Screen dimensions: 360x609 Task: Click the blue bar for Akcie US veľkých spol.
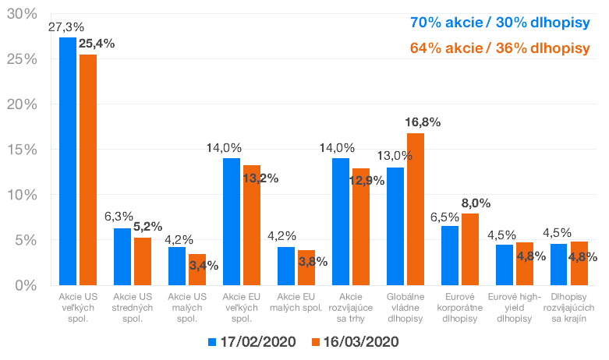tap(68, 161)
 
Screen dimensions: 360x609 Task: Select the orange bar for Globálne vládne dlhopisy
tap(416, 209)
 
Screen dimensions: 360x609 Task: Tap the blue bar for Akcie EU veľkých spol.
tap(232, 221)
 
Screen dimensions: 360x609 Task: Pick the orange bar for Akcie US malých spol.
tap(197, 270)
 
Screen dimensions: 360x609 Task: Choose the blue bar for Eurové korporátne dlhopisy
tap(450, 255)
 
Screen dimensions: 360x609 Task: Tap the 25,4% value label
tap(97, 43)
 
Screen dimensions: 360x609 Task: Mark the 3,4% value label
tap(204, 265)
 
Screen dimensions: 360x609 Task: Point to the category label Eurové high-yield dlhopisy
tap(510, 308)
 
